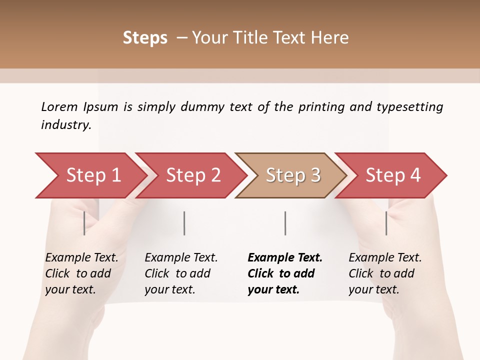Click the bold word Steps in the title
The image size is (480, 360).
click(145, 38)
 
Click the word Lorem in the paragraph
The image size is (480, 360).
click(59, 106)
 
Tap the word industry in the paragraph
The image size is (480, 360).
click(66, 124)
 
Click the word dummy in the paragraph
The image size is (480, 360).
click(202, 106)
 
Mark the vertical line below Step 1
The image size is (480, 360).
click(84, 223)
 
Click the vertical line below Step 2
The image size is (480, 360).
click(184, 223)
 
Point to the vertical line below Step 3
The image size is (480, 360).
click(285, 223)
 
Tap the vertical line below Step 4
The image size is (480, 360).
click(386, 223)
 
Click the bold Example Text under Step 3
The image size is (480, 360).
click(285, 258)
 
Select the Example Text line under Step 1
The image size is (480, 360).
click(81, 258)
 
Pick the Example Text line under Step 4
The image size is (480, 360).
click(385, 258)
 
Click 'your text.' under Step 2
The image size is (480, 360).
click(170, 289)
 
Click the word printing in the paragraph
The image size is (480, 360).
click(321, 106)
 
